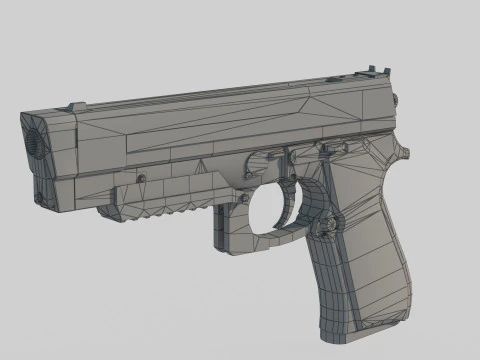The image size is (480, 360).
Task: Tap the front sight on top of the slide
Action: tap(75, 105)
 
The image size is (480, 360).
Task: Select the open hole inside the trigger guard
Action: tap(273, 207)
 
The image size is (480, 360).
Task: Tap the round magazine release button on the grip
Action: tap(323, 228)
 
